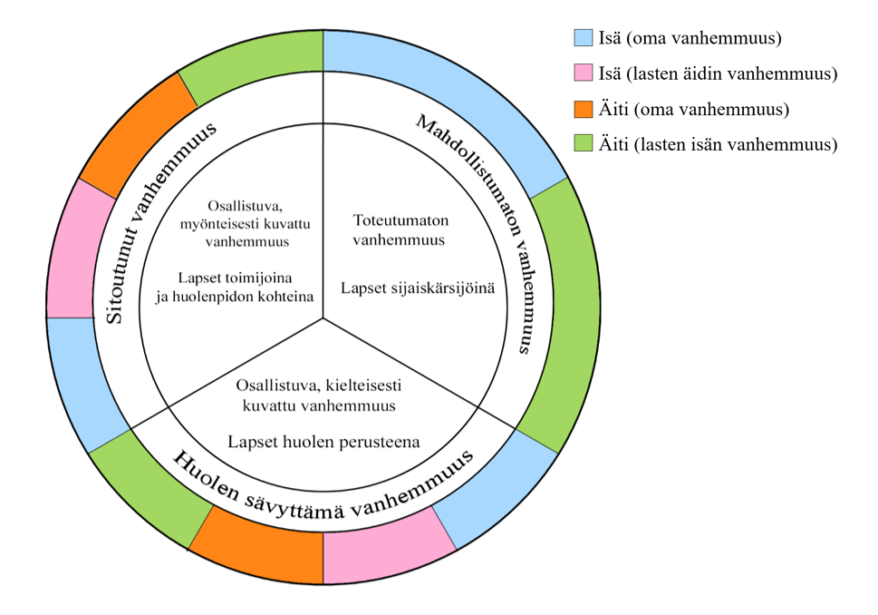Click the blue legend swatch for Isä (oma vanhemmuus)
(x=584, y=38)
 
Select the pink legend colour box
(x=584, y=73)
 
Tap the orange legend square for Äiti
(x=584, y=109)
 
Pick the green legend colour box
(x=584, y=143)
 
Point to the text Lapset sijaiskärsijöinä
(x=418, y=288)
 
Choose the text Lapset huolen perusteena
(x=323, y=444)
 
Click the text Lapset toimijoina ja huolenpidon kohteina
(x=234, y=287)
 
